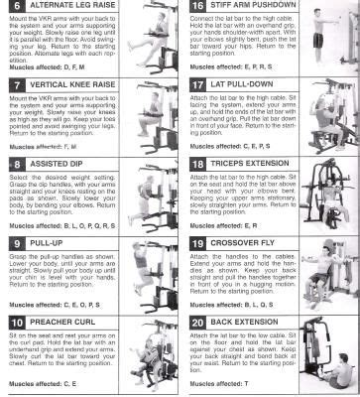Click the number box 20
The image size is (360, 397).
click(196, 323)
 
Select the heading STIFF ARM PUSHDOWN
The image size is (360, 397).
click(258, 7)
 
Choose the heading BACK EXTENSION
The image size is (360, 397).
click(250, 323)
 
